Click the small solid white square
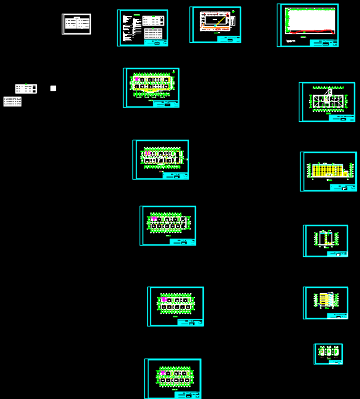pos(53,88)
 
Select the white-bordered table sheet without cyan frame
pos(77,24)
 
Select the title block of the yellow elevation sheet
pos(343,187)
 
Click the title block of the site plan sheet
pos(229,39)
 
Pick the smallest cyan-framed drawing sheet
pos(328,353)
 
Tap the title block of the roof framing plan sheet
pos(341,118)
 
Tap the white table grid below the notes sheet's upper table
pos(153,33)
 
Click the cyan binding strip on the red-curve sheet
pos(279,25)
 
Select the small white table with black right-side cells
pos(26,89)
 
